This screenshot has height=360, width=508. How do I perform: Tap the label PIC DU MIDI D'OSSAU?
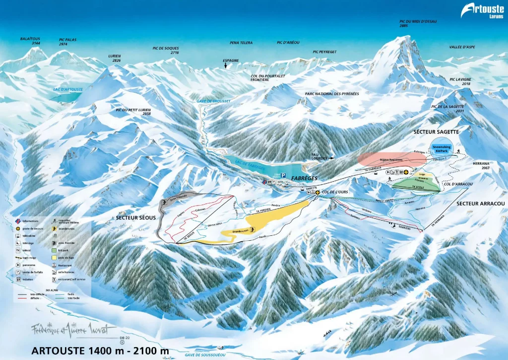pyautogui.click(x=415, y=23)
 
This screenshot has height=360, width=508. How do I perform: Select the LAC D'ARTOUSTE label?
pyautogui.click(x=68, y=89)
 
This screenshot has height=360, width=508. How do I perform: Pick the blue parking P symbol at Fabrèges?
pyautogui.click(x=283, y=175)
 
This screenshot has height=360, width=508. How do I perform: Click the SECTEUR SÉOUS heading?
pyautogui.click(x=135, y=217)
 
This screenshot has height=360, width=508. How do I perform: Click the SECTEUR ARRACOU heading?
pyautogui.click(x=480, y=204)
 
